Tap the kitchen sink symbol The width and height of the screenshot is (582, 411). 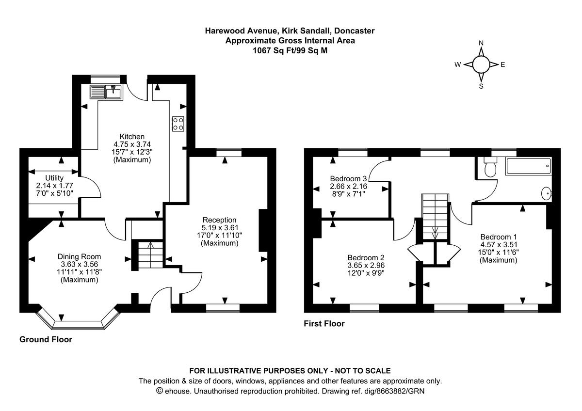pyautogui.click(x=106, y=91)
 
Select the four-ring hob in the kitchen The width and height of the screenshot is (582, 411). pyautogui.click(x=178, y=124)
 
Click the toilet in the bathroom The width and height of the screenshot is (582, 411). pyautogui.click(x=490, y=168)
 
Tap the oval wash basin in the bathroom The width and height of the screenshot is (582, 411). pyautogui.click(x=546, y=194)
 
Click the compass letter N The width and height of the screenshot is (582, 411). pyautogui.click(x=481, y=43)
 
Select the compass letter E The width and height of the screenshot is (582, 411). pyautogui.click(x=502, y=64)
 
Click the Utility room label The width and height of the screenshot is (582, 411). pyautogui.click(x=54, y=178)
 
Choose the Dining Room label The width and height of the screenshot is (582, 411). pyautogui.click(x=79, y=257)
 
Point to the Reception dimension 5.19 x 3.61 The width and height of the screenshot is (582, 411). pyautogui.click(x=220, y=227)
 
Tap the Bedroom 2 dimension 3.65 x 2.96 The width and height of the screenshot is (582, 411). pyautogui.click(x=366, y=266)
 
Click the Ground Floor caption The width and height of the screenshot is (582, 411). pyautogui.click(x=46, y=339)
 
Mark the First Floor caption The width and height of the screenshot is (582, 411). pyautogui.click(x=324, y=323)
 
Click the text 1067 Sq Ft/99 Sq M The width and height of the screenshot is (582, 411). pyautogui.click(x=290, y=50)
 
